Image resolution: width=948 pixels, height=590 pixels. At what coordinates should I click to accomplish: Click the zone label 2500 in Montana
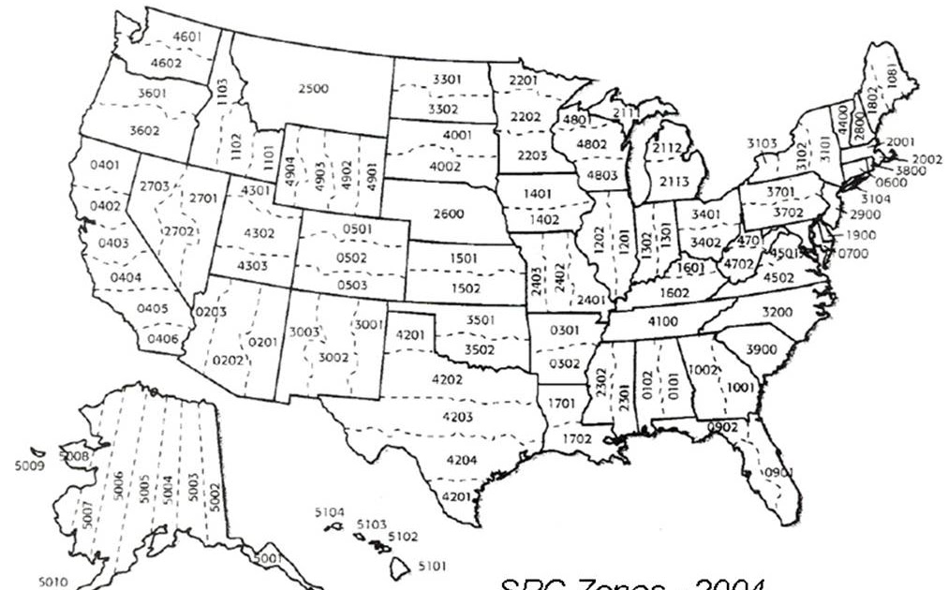[x=313, y=89]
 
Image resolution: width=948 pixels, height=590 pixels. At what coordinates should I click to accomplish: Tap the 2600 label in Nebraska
[x=449, y=214]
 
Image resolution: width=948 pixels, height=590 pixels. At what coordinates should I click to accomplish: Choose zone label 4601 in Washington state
[x=186, y=37]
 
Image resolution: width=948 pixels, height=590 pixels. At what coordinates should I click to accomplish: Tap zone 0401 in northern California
[x=105, y=165]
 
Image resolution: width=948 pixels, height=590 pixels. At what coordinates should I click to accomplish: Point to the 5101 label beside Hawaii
[x=432, y=567]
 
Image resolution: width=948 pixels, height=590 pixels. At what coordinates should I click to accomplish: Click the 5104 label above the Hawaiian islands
[x=330, y=512]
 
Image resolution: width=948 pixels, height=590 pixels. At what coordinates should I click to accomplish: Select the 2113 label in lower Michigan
[x=675, y=180]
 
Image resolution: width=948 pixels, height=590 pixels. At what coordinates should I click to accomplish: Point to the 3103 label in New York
[x=762, y=143]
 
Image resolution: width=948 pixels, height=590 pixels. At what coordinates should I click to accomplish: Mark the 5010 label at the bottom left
[x=52, y=582]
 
